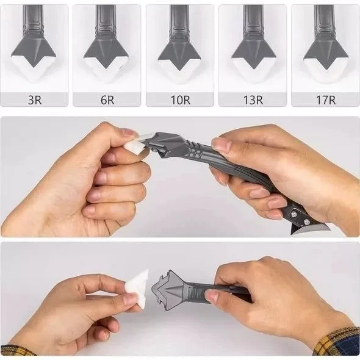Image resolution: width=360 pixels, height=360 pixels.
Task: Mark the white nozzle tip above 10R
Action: coord(179,70)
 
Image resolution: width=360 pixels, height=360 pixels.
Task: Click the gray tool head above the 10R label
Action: coord(179,49)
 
